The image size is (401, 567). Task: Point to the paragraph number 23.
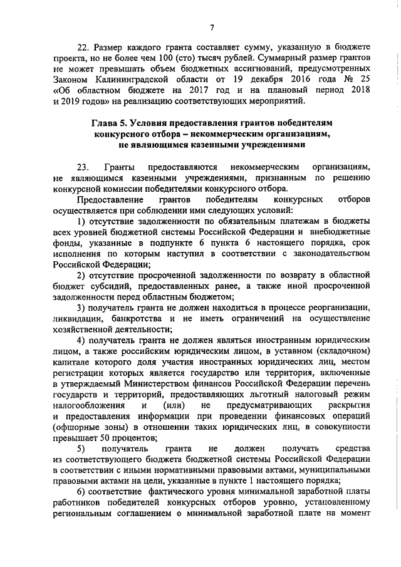tap(83, 167)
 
